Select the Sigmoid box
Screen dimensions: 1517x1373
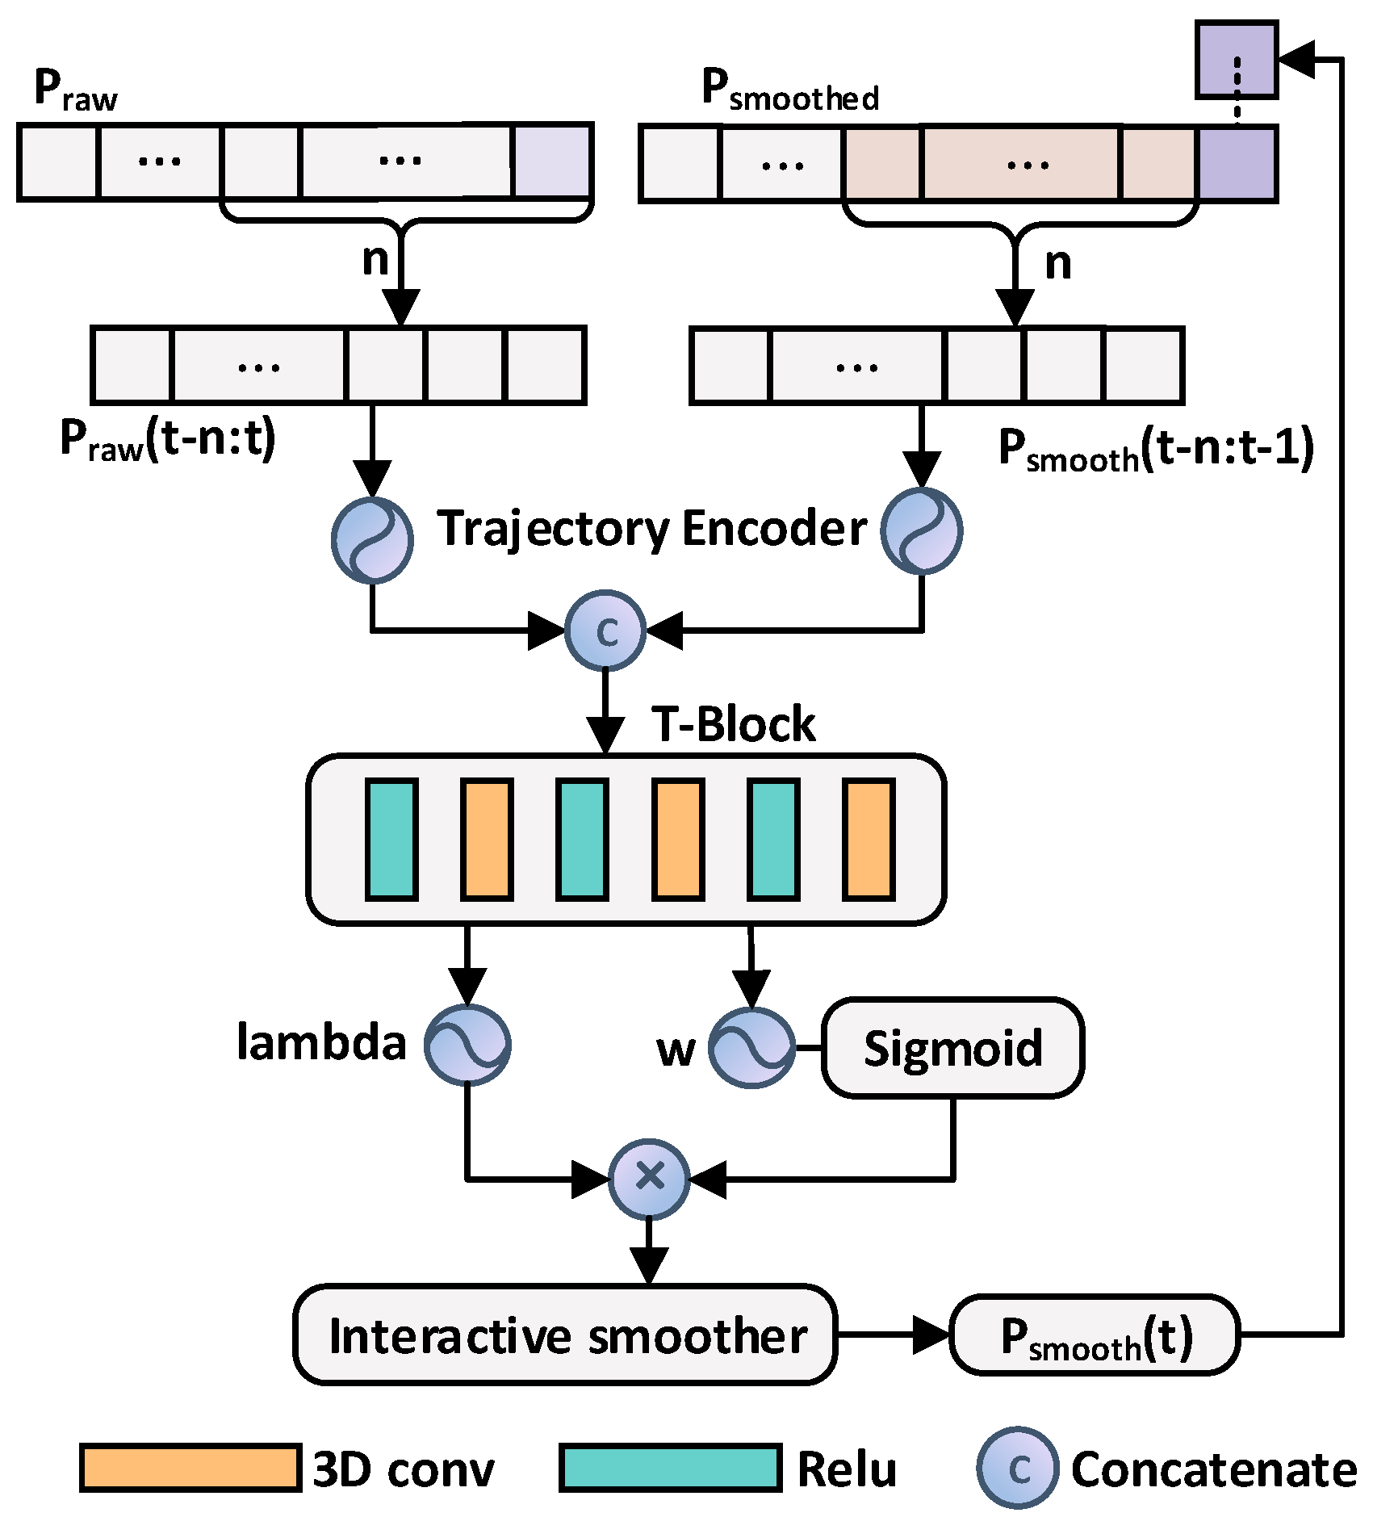click(x=952, y=1047)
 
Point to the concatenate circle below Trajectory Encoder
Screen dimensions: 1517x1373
click(x=605, y=630)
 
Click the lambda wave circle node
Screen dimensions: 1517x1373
click(x=467, y=1045)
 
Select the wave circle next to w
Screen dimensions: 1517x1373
click(x=751, y=1047)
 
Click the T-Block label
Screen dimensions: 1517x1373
click(x=733, y=723)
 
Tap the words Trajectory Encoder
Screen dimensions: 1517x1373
click(x=652, y=529)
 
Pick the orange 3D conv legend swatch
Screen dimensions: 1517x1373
click(x=190, y=1467)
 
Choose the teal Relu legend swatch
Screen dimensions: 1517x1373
click(x=670, y=1467)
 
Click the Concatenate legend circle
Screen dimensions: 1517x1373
click(x=1017, y=1468)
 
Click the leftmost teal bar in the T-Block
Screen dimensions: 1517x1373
click(x=392, y=839)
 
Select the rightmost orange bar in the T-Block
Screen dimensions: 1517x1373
click(x=869, y=839)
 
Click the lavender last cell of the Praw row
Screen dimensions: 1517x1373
click(x=552, y=161)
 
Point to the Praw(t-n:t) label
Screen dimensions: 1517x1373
click(x=168, y=440)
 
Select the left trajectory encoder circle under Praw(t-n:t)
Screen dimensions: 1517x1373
click(x=372, y=539)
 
